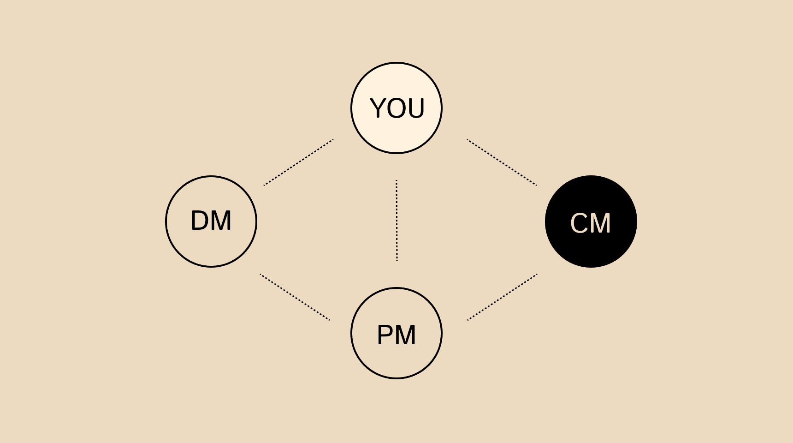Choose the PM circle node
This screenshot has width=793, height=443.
396,360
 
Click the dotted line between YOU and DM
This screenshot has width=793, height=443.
298,162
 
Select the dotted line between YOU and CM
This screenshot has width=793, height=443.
502,162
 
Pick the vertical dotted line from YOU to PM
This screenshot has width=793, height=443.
396,221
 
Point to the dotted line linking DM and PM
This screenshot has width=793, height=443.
295,297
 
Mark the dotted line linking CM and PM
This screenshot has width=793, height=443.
502,297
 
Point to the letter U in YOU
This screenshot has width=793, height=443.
415,109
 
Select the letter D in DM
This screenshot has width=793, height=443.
200,221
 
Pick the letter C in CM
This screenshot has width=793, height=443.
580,223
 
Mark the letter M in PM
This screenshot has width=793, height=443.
406,335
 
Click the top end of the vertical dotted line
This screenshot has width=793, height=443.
396,181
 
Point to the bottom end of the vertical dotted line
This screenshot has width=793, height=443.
396,260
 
